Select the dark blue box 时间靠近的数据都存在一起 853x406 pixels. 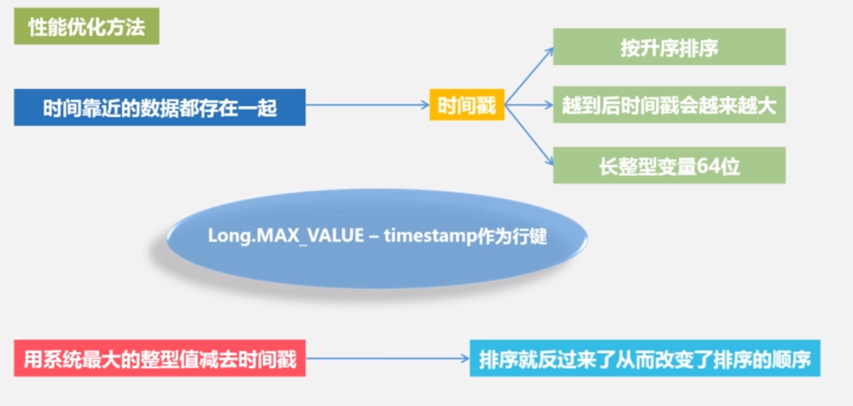(159, 107)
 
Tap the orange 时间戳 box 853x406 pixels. (467, 105)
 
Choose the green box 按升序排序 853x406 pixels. (669, 47)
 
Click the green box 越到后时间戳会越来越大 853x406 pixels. (669, 106)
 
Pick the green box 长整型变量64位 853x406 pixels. (669, 165)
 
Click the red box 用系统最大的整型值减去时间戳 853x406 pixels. (159, 358)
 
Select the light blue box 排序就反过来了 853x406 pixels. (644, 358)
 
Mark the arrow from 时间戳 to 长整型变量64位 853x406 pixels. (530, 135)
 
